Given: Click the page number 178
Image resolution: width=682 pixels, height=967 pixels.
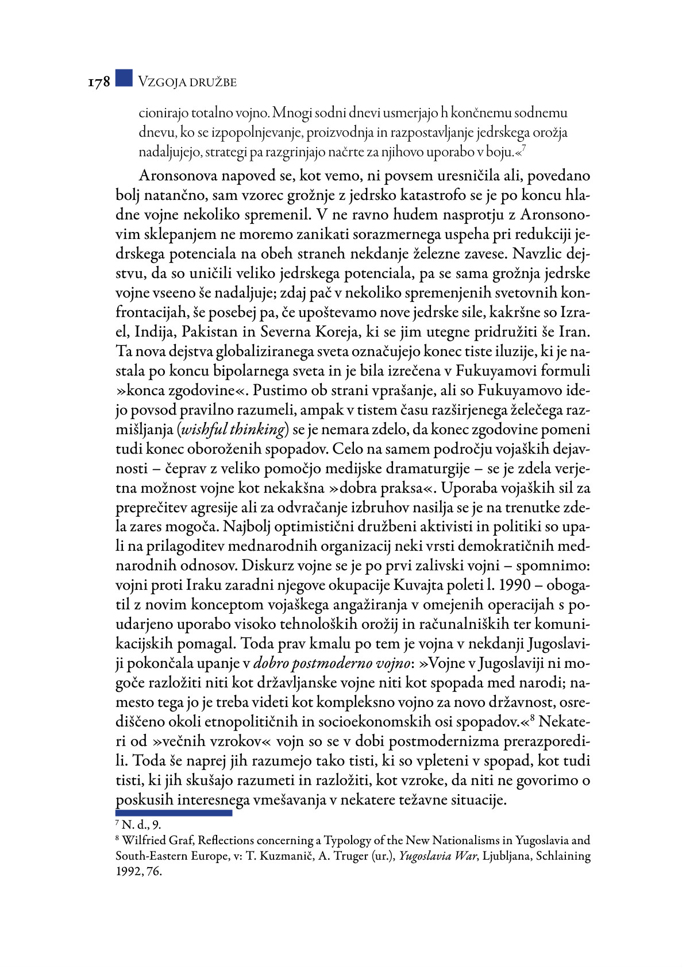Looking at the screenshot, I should (x=98, y=82).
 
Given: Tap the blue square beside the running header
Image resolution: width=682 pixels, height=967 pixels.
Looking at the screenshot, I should (x=124, y=78).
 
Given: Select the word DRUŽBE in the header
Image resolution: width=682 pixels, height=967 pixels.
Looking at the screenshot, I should (x=214, y=82).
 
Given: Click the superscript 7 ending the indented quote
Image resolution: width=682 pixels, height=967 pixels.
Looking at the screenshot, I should (x=525, y=149).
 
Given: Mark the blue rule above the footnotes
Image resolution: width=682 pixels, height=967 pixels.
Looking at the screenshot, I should (x=174, y=813).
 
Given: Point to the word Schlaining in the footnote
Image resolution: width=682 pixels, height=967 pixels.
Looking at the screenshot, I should (x=563, y=856).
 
